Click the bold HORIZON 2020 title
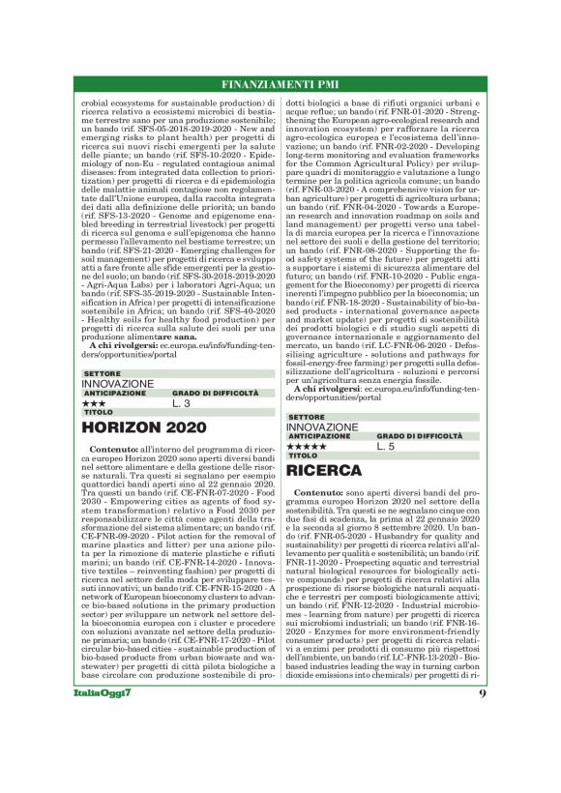tap(144, 426)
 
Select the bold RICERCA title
tap(325, 471)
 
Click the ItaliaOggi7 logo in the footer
tap(103, 720)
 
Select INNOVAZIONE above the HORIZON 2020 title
tap(118, 384)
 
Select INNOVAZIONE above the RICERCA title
tap(323, 427)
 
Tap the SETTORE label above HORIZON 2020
tap(103, 373)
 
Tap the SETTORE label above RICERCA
tap(307, 417)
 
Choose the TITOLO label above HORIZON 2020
tap(99, 412)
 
